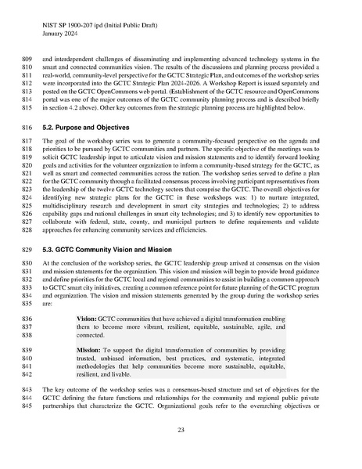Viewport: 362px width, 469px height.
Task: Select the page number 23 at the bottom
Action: click(x=181, y=430)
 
